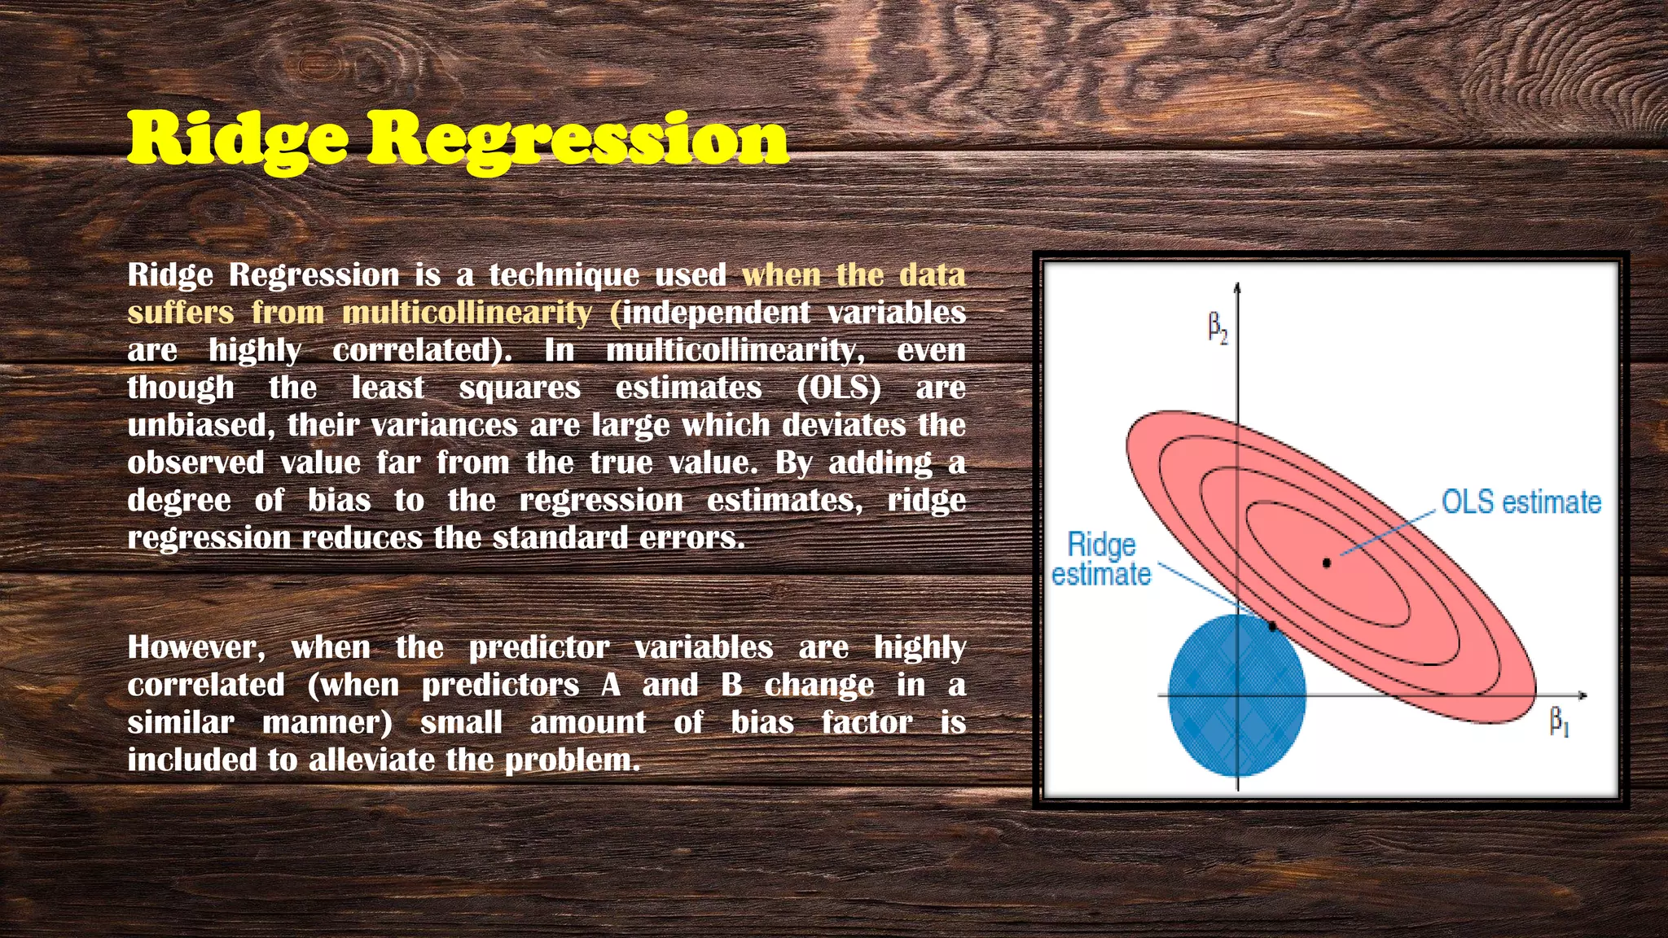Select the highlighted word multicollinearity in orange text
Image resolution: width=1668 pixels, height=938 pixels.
click(467, 313)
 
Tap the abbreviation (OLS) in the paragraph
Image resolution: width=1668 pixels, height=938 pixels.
click(839, 388)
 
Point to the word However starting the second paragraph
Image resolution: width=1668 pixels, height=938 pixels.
click(196, 647)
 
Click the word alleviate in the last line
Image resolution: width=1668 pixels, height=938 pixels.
click(371, 760)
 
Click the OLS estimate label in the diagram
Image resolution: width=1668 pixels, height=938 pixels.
click(1521, 502)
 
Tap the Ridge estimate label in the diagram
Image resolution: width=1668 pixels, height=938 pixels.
click(1101, 559)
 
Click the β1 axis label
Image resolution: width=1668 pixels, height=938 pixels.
click(1558, 721)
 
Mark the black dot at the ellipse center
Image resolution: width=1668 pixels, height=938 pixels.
click(1327, 563)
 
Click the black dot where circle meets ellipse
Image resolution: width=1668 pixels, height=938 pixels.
click(1273, 626)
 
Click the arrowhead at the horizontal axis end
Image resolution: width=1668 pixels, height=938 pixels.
click(1583, 695)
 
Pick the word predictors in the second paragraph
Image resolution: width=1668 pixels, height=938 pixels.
click(500, 685)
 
